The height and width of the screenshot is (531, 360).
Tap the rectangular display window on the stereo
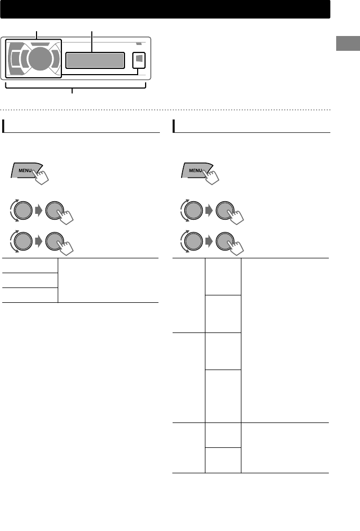click(95, 60)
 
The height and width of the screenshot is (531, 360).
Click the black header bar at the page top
click(165, 9)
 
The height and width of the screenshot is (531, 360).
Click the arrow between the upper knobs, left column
click(39, 211)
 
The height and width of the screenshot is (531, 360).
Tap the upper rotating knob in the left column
click(21, 211)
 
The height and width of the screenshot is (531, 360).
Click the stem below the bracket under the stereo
click(73, 92)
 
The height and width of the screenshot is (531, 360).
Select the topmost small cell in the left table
click(29, 265)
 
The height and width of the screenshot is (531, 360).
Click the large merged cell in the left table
click(108, 280)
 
